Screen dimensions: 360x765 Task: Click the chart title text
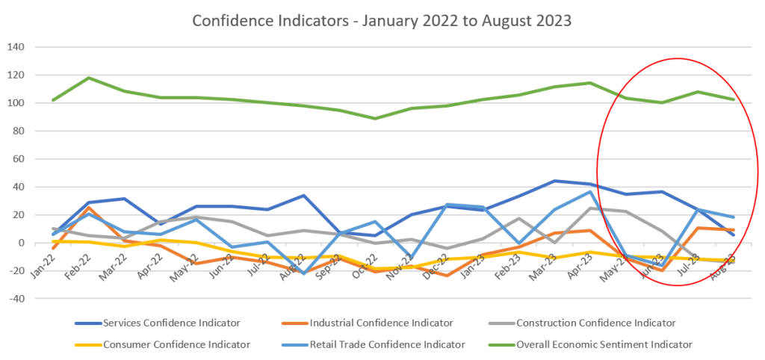pos(382,20)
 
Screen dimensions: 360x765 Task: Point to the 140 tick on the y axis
pos(37,47)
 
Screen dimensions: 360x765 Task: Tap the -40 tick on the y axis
pos(37,299)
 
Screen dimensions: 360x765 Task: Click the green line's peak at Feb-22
pos(89,78)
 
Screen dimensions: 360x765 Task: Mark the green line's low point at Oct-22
pos(375,118)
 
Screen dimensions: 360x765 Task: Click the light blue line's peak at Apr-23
pos(590,192)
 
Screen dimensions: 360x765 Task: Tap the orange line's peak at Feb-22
pos(89,208)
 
